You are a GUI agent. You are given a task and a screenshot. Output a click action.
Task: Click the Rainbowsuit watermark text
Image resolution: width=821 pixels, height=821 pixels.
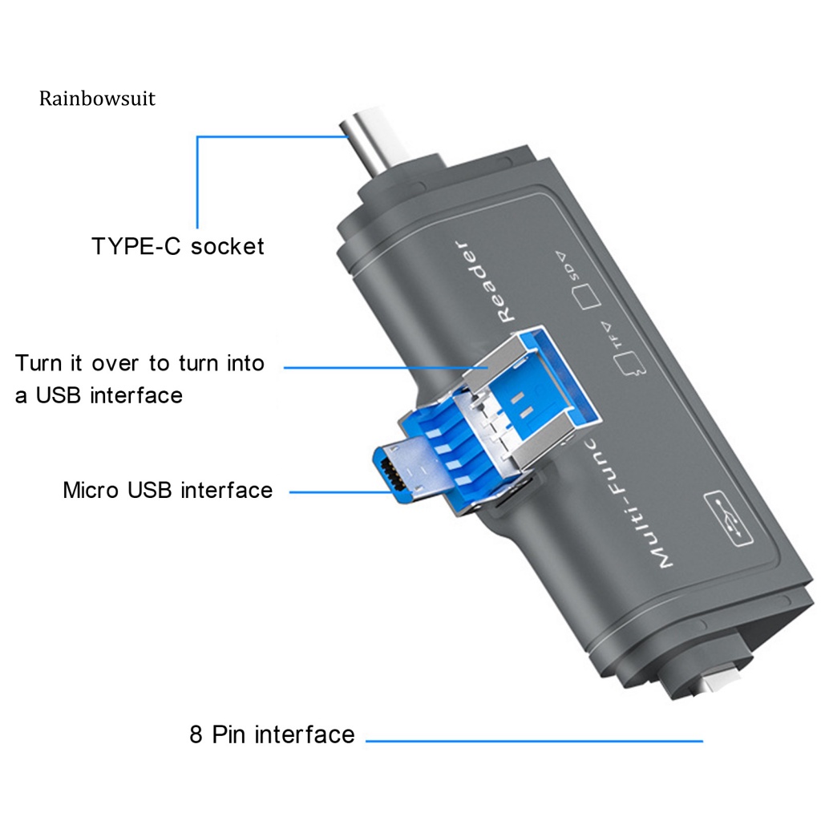(x=97, y=99)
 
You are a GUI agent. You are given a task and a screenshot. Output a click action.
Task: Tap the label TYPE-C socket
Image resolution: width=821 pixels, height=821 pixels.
(x=178, y=245)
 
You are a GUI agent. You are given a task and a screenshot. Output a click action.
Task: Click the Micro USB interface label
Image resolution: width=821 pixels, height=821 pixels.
(x=168, y=490)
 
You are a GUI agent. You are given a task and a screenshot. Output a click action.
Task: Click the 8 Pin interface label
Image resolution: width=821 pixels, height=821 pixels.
(x=272, y=734)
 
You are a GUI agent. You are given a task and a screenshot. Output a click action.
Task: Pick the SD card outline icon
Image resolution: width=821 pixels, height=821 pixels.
(x=587, y=297)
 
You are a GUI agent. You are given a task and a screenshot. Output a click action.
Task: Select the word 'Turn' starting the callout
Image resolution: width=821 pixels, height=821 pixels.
(x=38, y=363)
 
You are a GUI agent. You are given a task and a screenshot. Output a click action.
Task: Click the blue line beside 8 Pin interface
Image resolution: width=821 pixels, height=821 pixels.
(x=533, y=741)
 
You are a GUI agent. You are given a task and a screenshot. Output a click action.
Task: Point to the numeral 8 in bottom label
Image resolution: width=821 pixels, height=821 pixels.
(x=196, y=734)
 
